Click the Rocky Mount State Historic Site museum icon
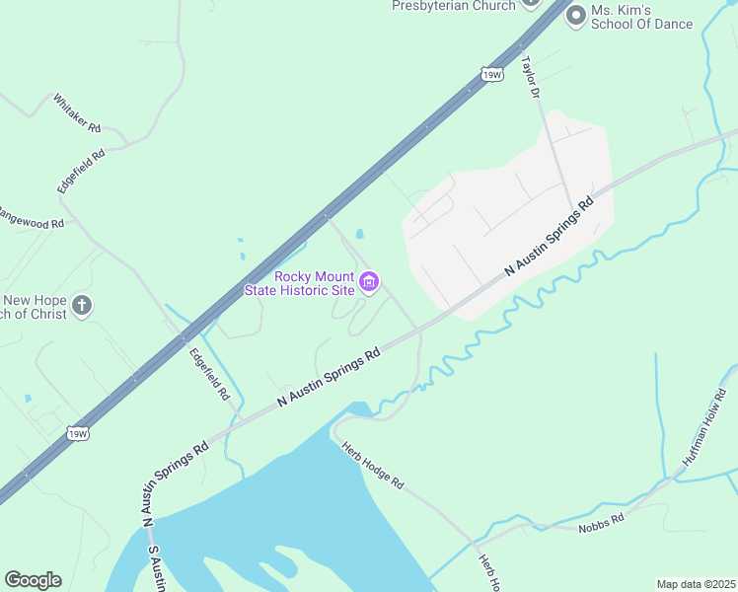[x=369, y=284]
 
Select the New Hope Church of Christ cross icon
[x=83, y=306]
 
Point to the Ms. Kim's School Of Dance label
[x=642, y=16]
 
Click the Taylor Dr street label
[x=533, y=77]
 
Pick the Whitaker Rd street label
[x=77, y=113]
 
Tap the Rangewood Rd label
[x=30, y=218]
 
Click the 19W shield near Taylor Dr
[x=492, y=74]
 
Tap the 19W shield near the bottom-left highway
[x=78, y=433]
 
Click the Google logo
[x=33, y=580]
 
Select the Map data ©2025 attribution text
[x=696, y=584]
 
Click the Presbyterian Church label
[x=453, y=6]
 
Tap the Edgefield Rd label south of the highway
[x=209, y=374]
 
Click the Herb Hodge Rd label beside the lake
[x=373, y=466]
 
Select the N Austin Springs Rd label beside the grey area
[x=548, y=235]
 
